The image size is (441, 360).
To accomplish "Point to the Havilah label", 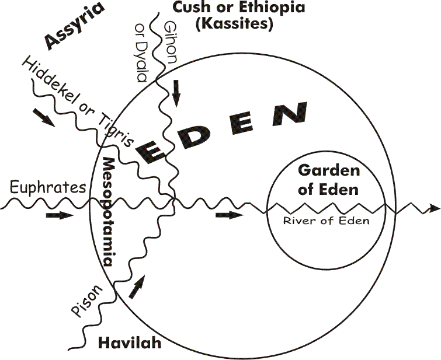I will click(123, 344).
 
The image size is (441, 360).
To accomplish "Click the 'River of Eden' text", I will click(326, 221).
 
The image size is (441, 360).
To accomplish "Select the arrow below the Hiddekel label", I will click(44, 117).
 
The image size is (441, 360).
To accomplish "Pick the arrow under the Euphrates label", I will click(60, 216).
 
